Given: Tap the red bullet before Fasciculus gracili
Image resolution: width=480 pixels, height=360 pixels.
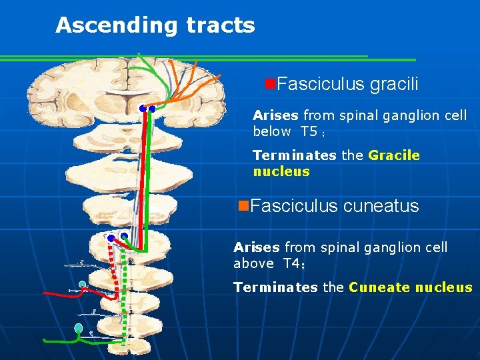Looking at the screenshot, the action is click(270, 83).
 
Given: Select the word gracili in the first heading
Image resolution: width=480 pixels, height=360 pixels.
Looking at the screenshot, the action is click(394, 85).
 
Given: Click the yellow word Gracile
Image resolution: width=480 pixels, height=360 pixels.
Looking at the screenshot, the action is click(394, 155).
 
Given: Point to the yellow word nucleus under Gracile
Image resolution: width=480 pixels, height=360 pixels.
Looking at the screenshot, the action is click(281, 171).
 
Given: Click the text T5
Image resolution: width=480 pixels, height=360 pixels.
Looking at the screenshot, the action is click(309, 131).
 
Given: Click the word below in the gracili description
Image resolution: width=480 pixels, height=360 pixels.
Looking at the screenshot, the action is click(272, 131).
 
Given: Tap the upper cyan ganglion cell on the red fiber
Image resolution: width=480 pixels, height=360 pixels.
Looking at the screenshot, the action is click(83, 285).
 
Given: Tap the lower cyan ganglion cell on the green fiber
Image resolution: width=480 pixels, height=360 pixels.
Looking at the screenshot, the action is click(79, 328).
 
